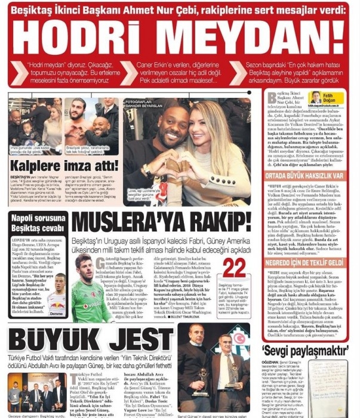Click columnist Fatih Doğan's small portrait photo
[316, 97]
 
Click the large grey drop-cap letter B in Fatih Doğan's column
[272, 98]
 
